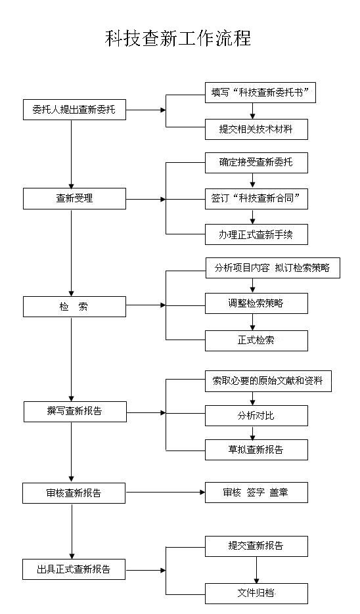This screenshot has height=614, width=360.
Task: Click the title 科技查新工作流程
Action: [x=178, y=38]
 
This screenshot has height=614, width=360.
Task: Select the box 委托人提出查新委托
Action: [x=74, y=110]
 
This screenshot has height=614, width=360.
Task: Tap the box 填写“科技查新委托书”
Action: [x=261, y=93]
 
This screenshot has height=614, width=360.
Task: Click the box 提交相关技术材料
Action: [x=257, y=129]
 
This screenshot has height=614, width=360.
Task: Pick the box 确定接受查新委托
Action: [x=257, y=162]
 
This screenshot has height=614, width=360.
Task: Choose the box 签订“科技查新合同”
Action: [x=257, y=198]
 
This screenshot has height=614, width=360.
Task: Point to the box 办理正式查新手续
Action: [x=257, y=234]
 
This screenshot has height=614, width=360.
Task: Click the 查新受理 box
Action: [x=74, y=198]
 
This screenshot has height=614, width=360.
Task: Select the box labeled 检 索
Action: [x=74, y=307]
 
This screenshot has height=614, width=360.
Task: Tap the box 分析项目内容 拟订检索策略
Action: [x=273, y=268]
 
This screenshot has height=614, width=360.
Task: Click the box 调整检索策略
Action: [x=257, y=303]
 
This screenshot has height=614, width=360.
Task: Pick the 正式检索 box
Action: [x=257, y=341]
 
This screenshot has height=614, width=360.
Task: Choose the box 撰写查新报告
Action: [x=75, y=412]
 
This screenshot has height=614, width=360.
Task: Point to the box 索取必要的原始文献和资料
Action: [x=268, y=381]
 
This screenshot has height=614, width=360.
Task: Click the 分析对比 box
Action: [x=257, y=416]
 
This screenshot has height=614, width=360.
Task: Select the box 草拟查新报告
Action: [x=257, y=450]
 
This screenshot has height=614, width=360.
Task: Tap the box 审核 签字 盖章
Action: [x=257, y=493]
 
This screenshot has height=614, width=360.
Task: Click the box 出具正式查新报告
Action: [x=74, y=569]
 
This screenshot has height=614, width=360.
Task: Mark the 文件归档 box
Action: [x=257, y=594]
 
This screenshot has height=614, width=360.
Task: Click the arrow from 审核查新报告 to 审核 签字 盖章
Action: [x=166, y=493]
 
